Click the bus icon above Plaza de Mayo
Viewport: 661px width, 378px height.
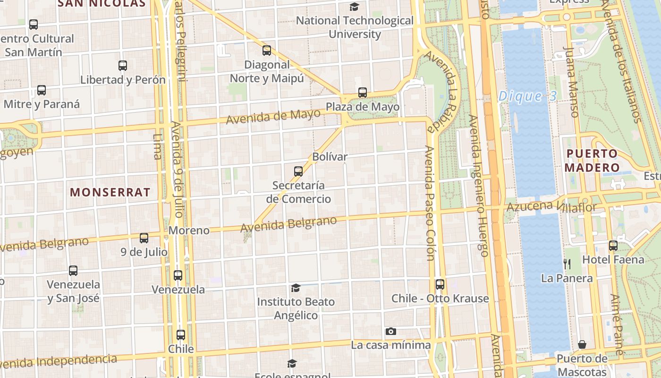pyautogui.click(x=363, y=93)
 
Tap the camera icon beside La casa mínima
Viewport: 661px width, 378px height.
pyautogui.click(x=390, y=331)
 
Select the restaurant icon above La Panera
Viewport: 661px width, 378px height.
pyautogui.click(x=567, y=264)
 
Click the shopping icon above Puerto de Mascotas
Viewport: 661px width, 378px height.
pyautogui.click(x=582, y=344)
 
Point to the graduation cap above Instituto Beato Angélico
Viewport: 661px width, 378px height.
pyautogui.click(x=296, y=288)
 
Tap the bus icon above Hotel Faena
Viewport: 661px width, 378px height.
pyautogui.click(x=613, y=245)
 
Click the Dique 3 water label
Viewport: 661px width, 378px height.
pyautogui.click(x=528, y=96)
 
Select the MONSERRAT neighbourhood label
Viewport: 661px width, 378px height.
pyautogui.click(x=110, y=192)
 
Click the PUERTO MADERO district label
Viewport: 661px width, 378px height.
pyautogui.click(x=592, y=161)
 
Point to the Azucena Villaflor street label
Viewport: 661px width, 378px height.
pyautogui.click(x=551, y=206)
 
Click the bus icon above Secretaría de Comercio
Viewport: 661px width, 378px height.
pyautogui.click(x=298, y=171)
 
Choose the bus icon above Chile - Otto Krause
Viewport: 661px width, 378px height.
pyautogui.click(x=440, y=284)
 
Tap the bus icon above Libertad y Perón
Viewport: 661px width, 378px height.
pyautogui.click(x=123, y=66)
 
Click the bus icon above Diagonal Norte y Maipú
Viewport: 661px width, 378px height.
pyautogui.click(x=267, y=51)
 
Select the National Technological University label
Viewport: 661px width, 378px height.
pyautogui.click(x=355, y=27)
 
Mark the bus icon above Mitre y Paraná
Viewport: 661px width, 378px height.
pyautogui.click(x=42, y=90)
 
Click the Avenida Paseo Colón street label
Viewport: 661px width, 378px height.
pyautogui.click(x=430, y=203)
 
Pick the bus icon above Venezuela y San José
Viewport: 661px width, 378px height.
pyautogui.click(x=73, y=271)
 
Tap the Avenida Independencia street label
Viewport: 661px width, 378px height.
pyautogui.click(x=59, y=361)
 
